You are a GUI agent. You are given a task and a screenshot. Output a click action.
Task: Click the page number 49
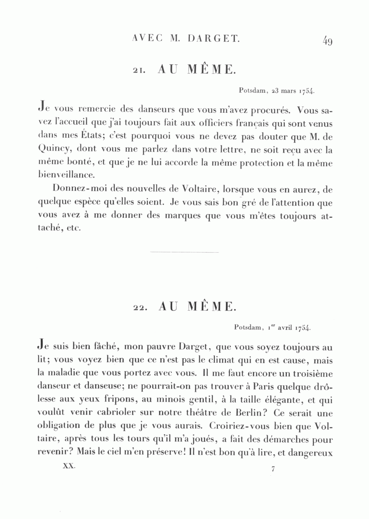[327, 41]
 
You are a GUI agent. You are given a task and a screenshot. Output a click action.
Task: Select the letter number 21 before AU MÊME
[138, 71]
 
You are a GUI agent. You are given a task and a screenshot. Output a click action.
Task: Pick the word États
[84, 137]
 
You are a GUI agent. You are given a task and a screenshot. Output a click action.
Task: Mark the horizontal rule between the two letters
[184, 252]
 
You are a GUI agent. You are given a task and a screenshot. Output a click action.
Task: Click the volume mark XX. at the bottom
[68, 467]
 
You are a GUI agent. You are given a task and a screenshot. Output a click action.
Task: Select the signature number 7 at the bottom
[273, 469]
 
